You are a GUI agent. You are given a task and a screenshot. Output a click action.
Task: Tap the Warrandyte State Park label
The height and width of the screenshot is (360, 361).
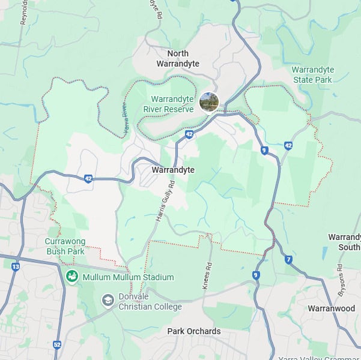pyautogui.click(x=312, y=74)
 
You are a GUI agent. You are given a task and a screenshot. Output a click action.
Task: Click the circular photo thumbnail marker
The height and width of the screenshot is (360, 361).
pyautogui.click(x=209, y=102)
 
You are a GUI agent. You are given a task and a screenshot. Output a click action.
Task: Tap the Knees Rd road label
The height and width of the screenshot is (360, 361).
pyautogui.click(x=208, y=275)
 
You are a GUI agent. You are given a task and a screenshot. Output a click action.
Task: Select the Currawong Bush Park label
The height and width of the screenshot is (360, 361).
pyautogui.click(x=65, y=246)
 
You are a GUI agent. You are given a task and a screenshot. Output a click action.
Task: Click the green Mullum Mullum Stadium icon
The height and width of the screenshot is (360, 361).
pyautogui.click(x=72, y=277)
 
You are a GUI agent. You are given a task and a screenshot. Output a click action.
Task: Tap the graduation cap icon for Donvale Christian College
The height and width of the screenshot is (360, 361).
pyautogui.click(x=108, y=300)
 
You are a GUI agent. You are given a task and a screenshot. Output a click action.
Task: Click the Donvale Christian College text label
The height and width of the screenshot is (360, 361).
pyautogui.click(x=150, y=302)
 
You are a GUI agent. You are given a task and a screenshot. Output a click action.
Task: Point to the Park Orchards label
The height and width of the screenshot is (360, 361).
pyautogui.click(x=193, y=331)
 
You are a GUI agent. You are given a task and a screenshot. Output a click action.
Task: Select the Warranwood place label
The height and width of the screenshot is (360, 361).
pyautogui.click(x=331, y=308)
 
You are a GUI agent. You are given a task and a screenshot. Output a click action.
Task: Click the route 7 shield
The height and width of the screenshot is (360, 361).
pyautogui.click(x=289, y=259)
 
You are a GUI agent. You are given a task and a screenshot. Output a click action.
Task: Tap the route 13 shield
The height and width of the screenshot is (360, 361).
pyautogui.click(x=15, y=266)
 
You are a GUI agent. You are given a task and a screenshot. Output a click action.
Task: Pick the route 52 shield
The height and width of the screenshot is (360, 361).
pyautogui.click(x=57, y=344)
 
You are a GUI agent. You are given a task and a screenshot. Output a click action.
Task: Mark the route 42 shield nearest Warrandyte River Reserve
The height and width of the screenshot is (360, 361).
pyautogui.click(x=189, y=135)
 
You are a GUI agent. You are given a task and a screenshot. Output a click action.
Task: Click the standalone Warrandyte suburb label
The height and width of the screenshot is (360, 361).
pyautogui.click(x=173, y=170)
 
